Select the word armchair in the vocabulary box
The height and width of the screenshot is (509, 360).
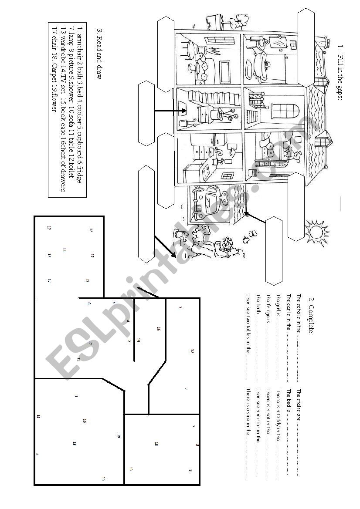click(x=79, y=45)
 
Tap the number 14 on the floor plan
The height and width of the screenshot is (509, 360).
click(x=38, y=417)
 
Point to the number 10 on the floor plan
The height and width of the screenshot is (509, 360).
click(x=84, y=421)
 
